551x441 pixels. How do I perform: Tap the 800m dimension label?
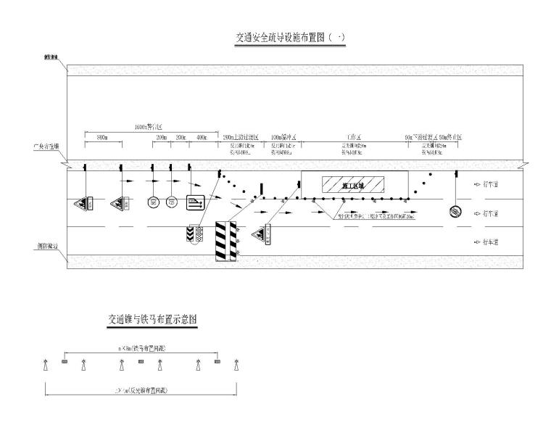pos(102,136)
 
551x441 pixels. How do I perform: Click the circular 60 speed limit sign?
pos(171,203)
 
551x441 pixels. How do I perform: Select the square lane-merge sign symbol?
pos(196,203)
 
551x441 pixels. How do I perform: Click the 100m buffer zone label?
pos(284,136)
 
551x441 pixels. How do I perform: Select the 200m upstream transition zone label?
pos(240,136)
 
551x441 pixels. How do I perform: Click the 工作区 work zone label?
pos(355,136)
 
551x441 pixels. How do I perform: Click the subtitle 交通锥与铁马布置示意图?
pos(153,318)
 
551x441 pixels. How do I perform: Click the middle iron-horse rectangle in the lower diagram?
pos(141,360)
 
